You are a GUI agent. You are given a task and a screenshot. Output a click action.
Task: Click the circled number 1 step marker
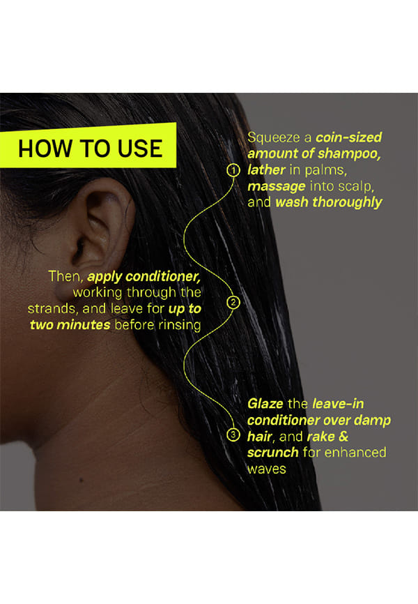pyautogui.click(x=233, y=170)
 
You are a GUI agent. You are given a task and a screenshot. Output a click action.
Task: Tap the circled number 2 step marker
pyautogui.click(x=233, y=303)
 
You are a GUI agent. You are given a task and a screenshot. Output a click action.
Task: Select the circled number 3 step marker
pyautogui.click(x=233, y=435)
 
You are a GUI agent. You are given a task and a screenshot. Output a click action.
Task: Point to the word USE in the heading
pyautogui.click(x=140, y=149)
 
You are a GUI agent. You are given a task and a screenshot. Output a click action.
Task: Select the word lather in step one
pyautogui.click(x=266, y=169)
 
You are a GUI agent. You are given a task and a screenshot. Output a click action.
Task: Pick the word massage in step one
pyautogui.click(x=277, y=186)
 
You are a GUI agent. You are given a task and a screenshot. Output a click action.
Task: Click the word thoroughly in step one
pyautogui.click(x=347, y=202)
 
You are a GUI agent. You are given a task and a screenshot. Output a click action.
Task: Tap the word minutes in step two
pyautogui.click(x=83, y=325)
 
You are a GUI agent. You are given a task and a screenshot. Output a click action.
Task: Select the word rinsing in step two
pyautogui.click(x=179, y=325)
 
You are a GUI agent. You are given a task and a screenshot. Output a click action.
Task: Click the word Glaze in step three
pyautogui.click(x=265, y=404)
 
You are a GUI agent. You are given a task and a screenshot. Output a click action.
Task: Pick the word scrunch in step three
pyautogui.click(x=273, y=452)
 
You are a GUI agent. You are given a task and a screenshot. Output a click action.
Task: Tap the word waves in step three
pyautogui.click(x=267, y=469)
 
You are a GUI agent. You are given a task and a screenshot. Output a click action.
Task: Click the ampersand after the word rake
pyautogui.click(x=343, y=437)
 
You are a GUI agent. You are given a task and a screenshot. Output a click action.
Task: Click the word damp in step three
pyautogui.click(x=372, y=421)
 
